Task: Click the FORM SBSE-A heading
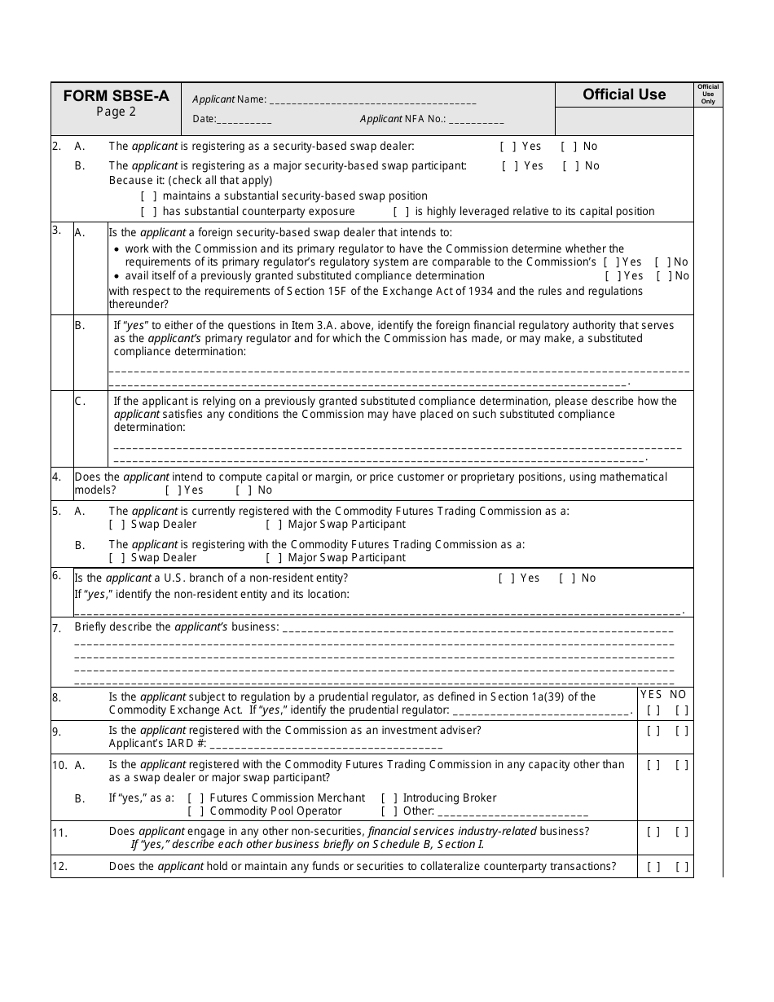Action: tap(116, 95)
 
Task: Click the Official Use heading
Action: tap(624, 94)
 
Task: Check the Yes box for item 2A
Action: tap(508, 147)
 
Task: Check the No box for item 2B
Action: tap(570, 166)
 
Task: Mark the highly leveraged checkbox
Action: tap(401, 212)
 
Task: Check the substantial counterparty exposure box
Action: tap(148, 212)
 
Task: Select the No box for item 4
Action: tap(244, 490)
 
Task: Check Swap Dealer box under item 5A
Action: tap(117, 525)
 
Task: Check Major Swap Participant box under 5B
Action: tap(274, 558)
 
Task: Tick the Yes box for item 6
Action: tap(506, 578)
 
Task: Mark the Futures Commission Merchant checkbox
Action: tap(196, 798)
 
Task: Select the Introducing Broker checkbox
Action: tap(389, 798)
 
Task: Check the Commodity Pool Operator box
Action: tap(196, 811)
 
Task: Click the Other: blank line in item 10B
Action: tap(513, 812)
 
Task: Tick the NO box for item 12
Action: tap(682, 867)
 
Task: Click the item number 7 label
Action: tap(56, 628)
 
